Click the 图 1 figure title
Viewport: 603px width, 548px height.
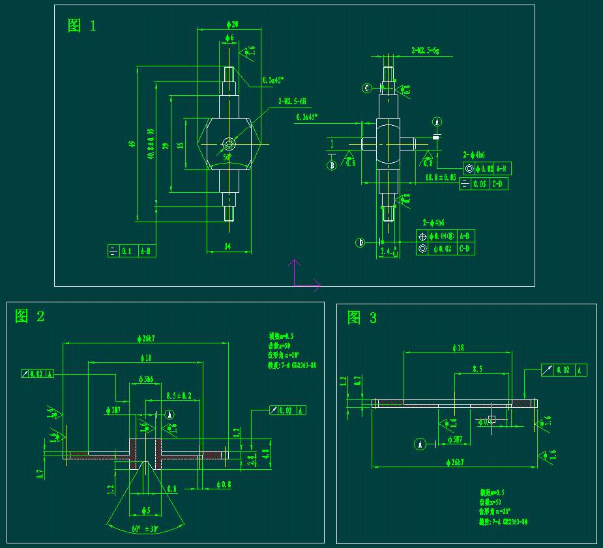click(x=82, y=26)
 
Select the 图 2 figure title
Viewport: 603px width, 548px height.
click(x=30, y=317)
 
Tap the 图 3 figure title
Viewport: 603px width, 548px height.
click(x=362, y=318)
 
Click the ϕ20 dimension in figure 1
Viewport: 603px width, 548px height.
click(x=231, y=24)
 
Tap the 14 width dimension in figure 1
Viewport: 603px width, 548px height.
click(x=228, y=246)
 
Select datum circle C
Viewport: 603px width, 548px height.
click(x=367, y=88)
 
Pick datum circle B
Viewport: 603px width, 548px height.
click(x=331, y=165)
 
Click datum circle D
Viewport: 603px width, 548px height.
click(x=360, y=242)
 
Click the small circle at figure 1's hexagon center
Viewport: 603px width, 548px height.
click(x=228, y=143)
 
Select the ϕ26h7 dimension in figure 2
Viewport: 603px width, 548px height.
click(x=145, y=338)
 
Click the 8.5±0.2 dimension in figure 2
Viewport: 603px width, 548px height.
click(x=179, y=396)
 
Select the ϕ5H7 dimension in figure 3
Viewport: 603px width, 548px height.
click(x=454, y=440)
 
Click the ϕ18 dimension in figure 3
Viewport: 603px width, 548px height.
click(x=458, y=348)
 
